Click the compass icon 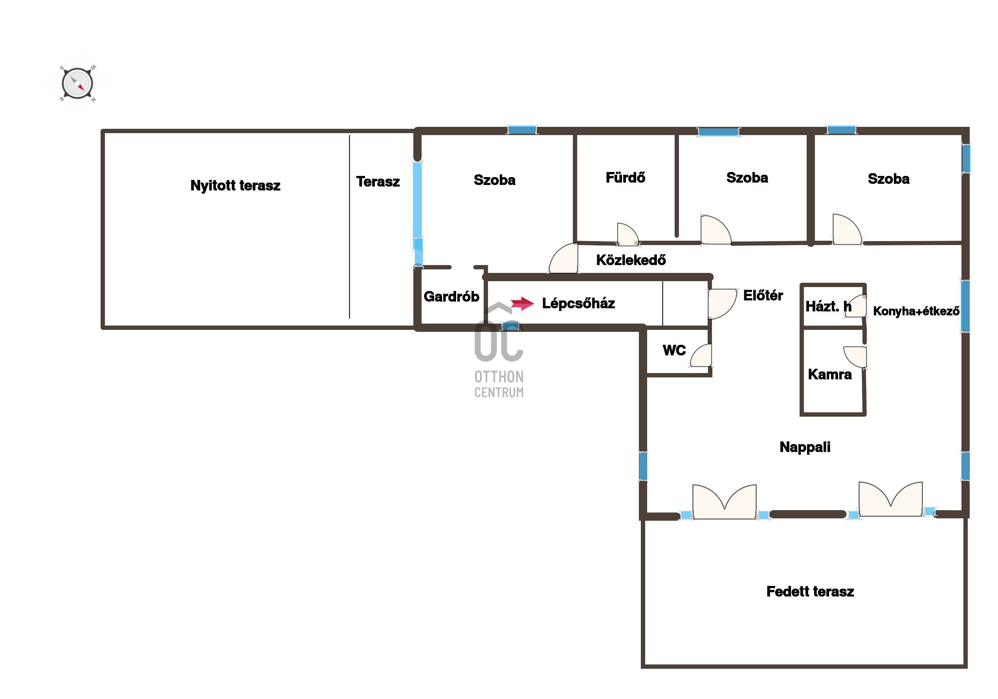(77, 83)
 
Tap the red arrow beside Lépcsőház (522, 303)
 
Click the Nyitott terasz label (235, 185)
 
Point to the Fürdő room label (626, 177)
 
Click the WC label (674, 350)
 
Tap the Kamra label (830, 375)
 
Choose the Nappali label (805, 447)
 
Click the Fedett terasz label (810, 592)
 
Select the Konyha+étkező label (916, 311)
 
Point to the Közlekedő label (631, 260)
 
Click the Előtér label (763, 295)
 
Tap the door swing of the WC (701, 355)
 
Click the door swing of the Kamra (855, 357)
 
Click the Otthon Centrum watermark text (499, 384)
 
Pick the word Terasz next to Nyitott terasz (378, 181)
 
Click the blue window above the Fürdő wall (718, 132)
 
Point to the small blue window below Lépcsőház (510, 326)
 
